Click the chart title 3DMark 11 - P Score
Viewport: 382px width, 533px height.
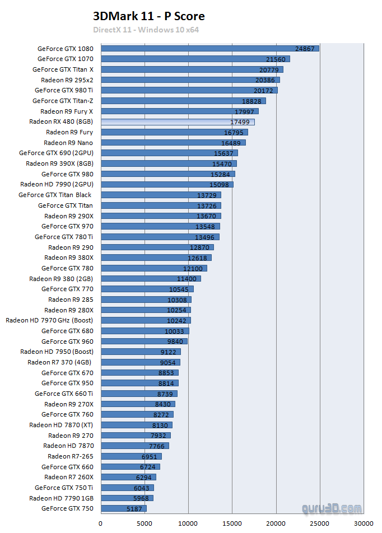point(148,16)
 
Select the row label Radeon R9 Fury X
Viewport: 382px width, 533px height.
point(67,111)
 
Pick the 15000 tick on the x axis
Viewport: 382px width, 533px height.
point(232,524)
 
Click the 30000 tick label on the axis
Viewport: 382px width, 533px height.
point(364,524)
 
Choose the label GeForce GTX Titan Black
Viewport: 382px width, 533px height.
point(55,195)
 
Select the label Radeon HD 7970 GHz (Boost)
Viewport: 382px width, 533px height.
point(49,320)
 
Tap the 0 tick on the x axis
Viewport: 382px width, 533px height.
point(101,524)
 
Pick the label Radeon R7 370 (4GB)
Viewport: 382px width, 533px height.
point(60,362)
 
